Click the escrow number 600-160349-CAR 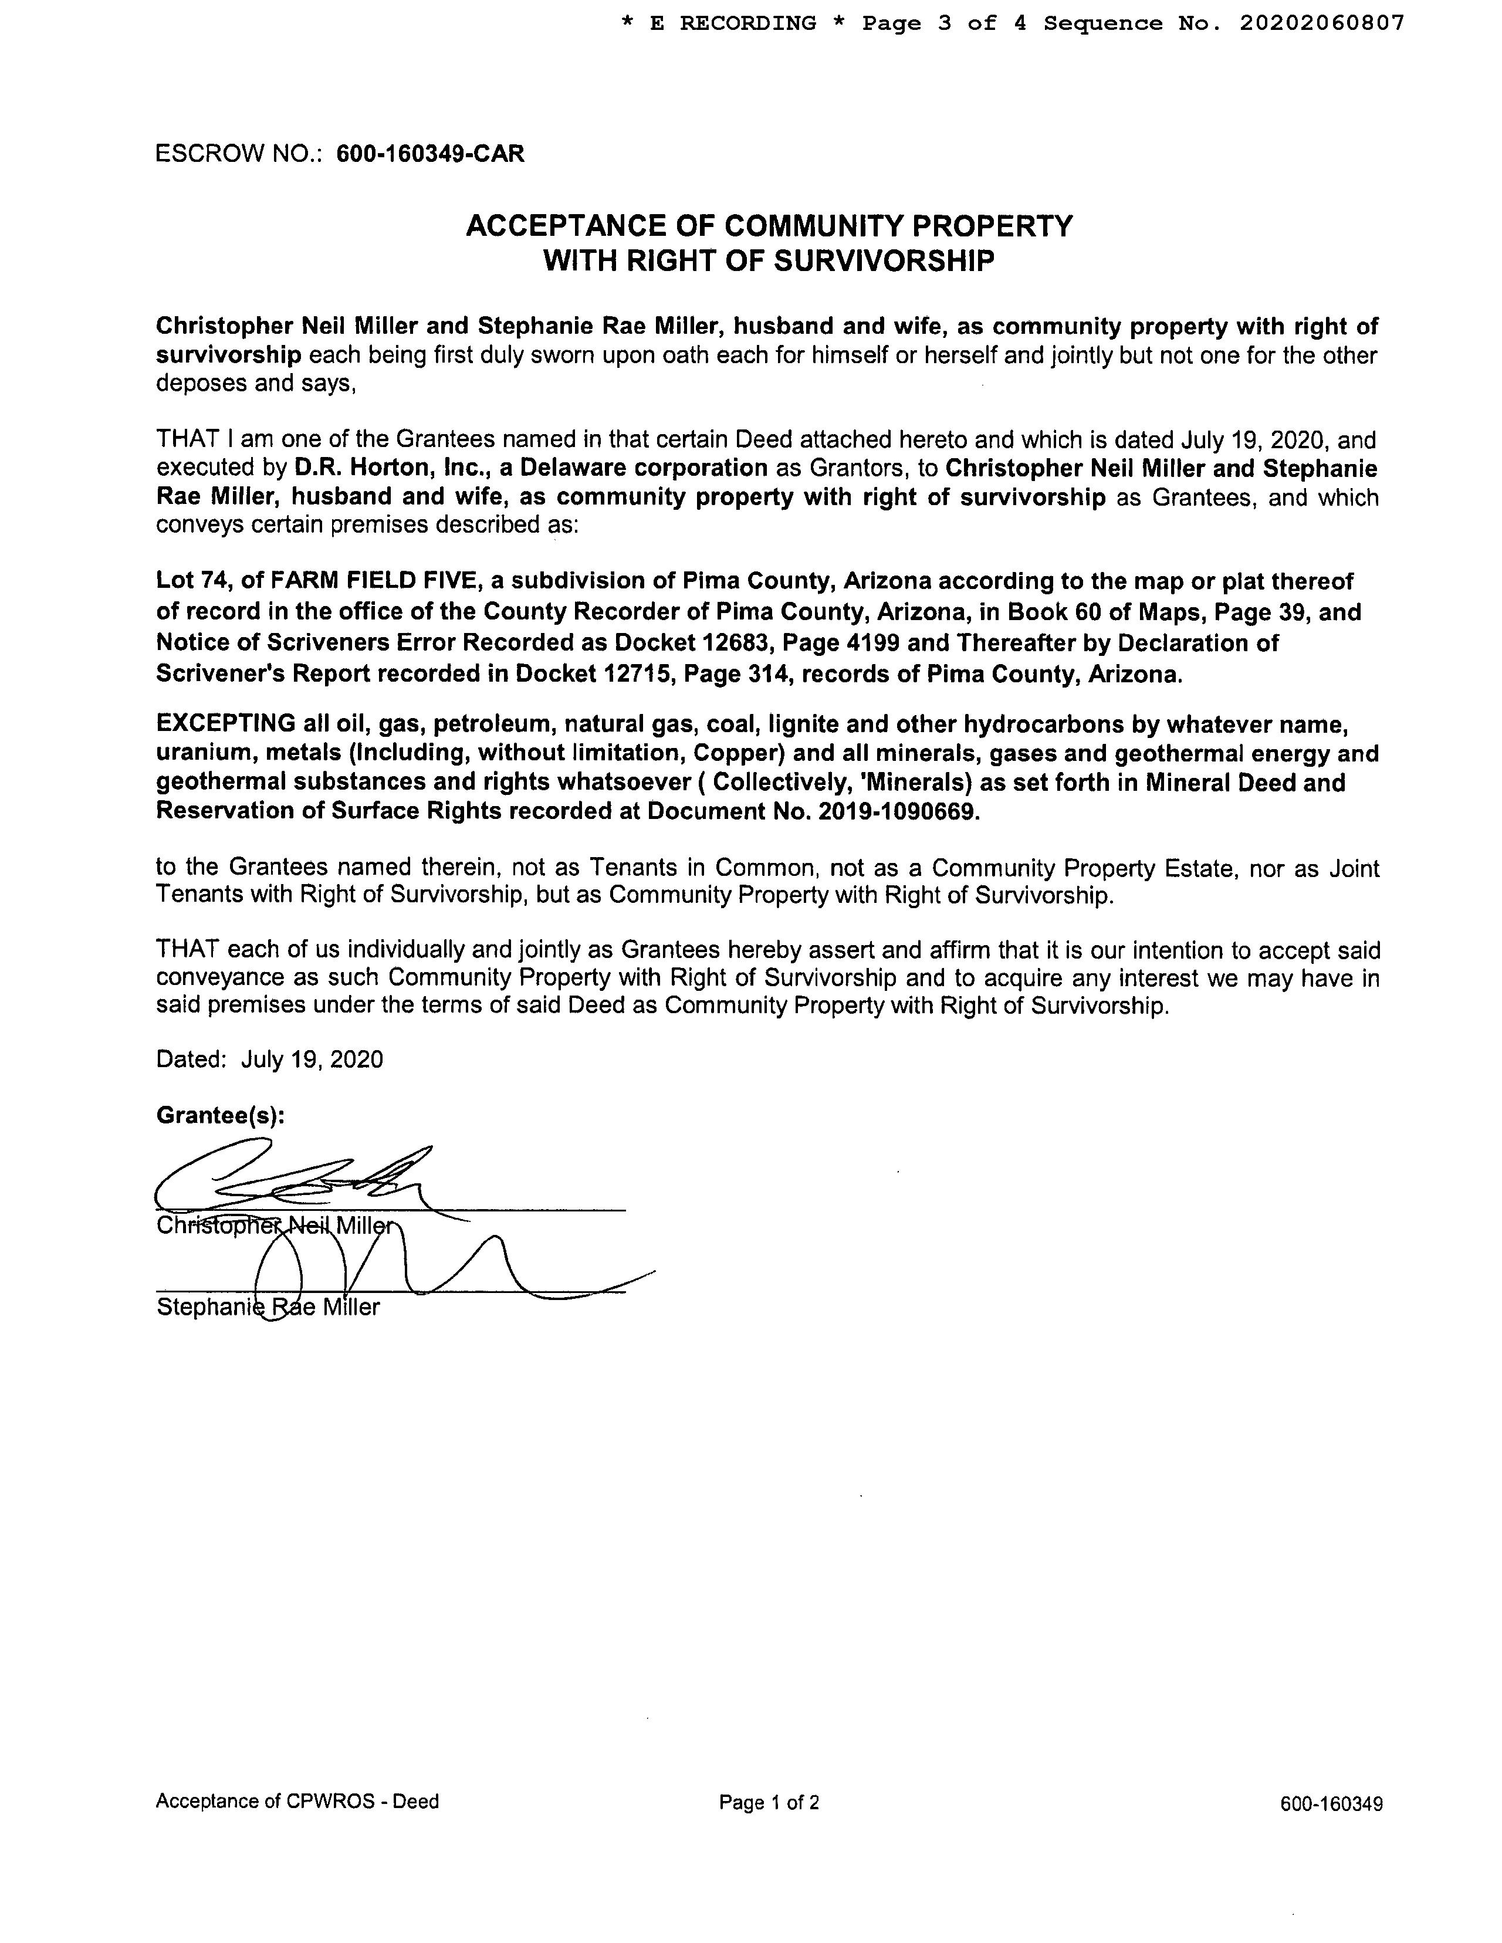click(430, 154)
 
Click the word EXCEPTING click(226, 723)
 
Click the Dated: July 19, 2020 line click(270, 1059)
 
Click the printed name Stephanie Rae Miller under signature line click(268, 1307)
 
